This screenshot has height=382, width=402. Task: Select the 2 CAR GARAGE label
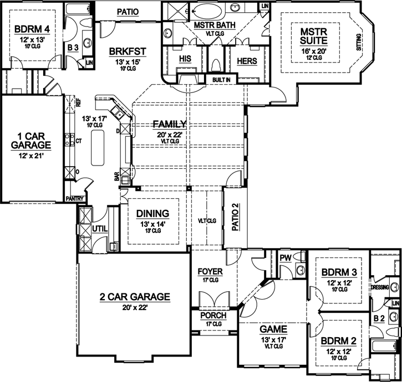(x=134, y=296)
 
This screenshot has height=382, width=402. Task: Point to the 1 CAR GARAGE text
(x=30, y=140)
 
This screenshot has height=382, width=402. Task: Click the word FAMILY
(x=170, y=124)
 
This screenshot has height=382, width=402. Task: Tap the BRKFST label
(x=127, y=52)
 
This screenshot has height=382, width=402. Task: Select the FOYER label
(x=210, y=272)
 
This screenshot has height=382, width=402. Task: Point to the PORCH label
(x=209, y=316)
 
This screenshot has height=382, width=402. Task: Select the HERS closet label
(x=246, y=61)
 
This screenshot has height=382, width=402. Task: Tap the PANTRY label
(x=74, y=198)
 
